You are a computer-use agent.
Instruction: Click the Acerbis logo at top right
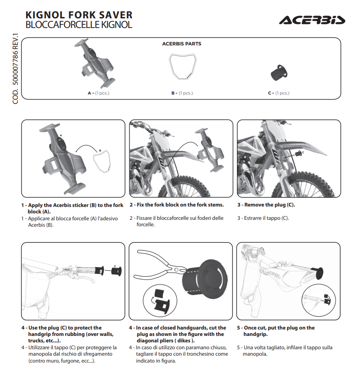311,20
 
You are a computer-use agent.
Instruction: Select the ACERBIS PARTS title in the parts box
181,44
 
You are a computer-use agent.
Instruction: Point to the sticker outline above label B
181,67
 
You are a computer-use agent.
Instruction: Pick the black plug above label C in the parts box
278,72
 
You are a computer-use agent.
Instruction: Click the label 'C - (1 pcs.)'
278,93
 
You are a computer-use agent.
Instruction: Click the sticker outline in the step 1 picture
103,161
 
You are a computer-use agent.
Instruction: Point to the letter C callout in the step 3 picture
302,152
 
